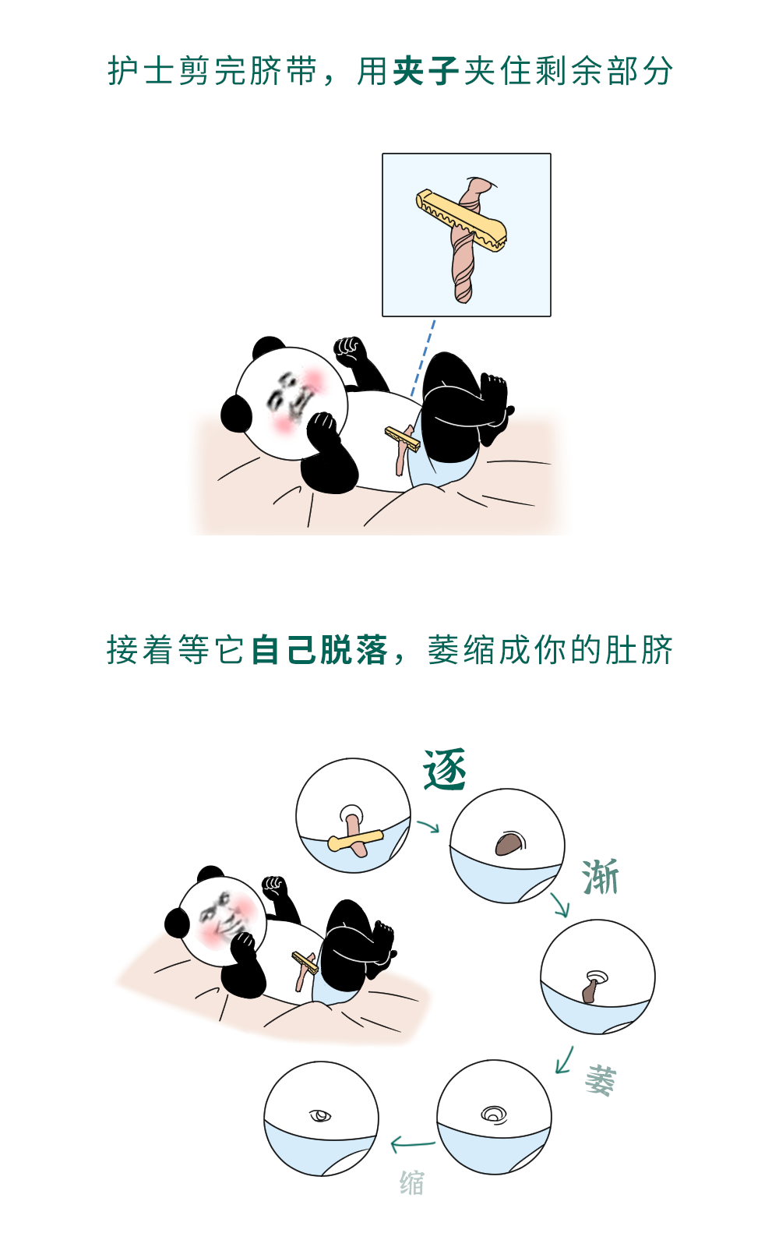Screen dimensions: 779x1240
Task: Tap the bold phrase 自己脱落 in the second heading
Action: [x=319, y=650]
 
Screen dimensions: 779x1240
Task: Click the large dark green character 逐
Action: [x=444, y=769]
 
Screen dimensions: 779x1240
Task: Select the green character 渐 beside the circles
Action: [x=601, y=877]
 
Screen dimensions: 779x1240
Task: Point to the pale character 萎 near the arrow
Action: [x=601, y=1080]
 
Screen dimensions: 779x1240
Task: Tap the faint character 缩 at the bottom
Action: [x=412, y=1183]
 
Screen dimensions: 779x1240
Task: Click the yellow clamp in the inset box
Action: [x=461, y=221]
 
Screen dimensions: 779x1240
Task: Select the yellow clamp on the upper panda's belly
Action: [x=403, y=439]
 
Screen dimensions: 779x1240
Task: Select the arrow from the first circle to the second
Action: [x=428, y=826]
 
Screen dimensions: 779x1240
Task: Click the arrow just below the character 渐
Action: [x=559, y=905]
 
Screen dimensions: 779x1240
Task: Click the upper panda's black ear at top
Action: [x=268, y=347]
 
